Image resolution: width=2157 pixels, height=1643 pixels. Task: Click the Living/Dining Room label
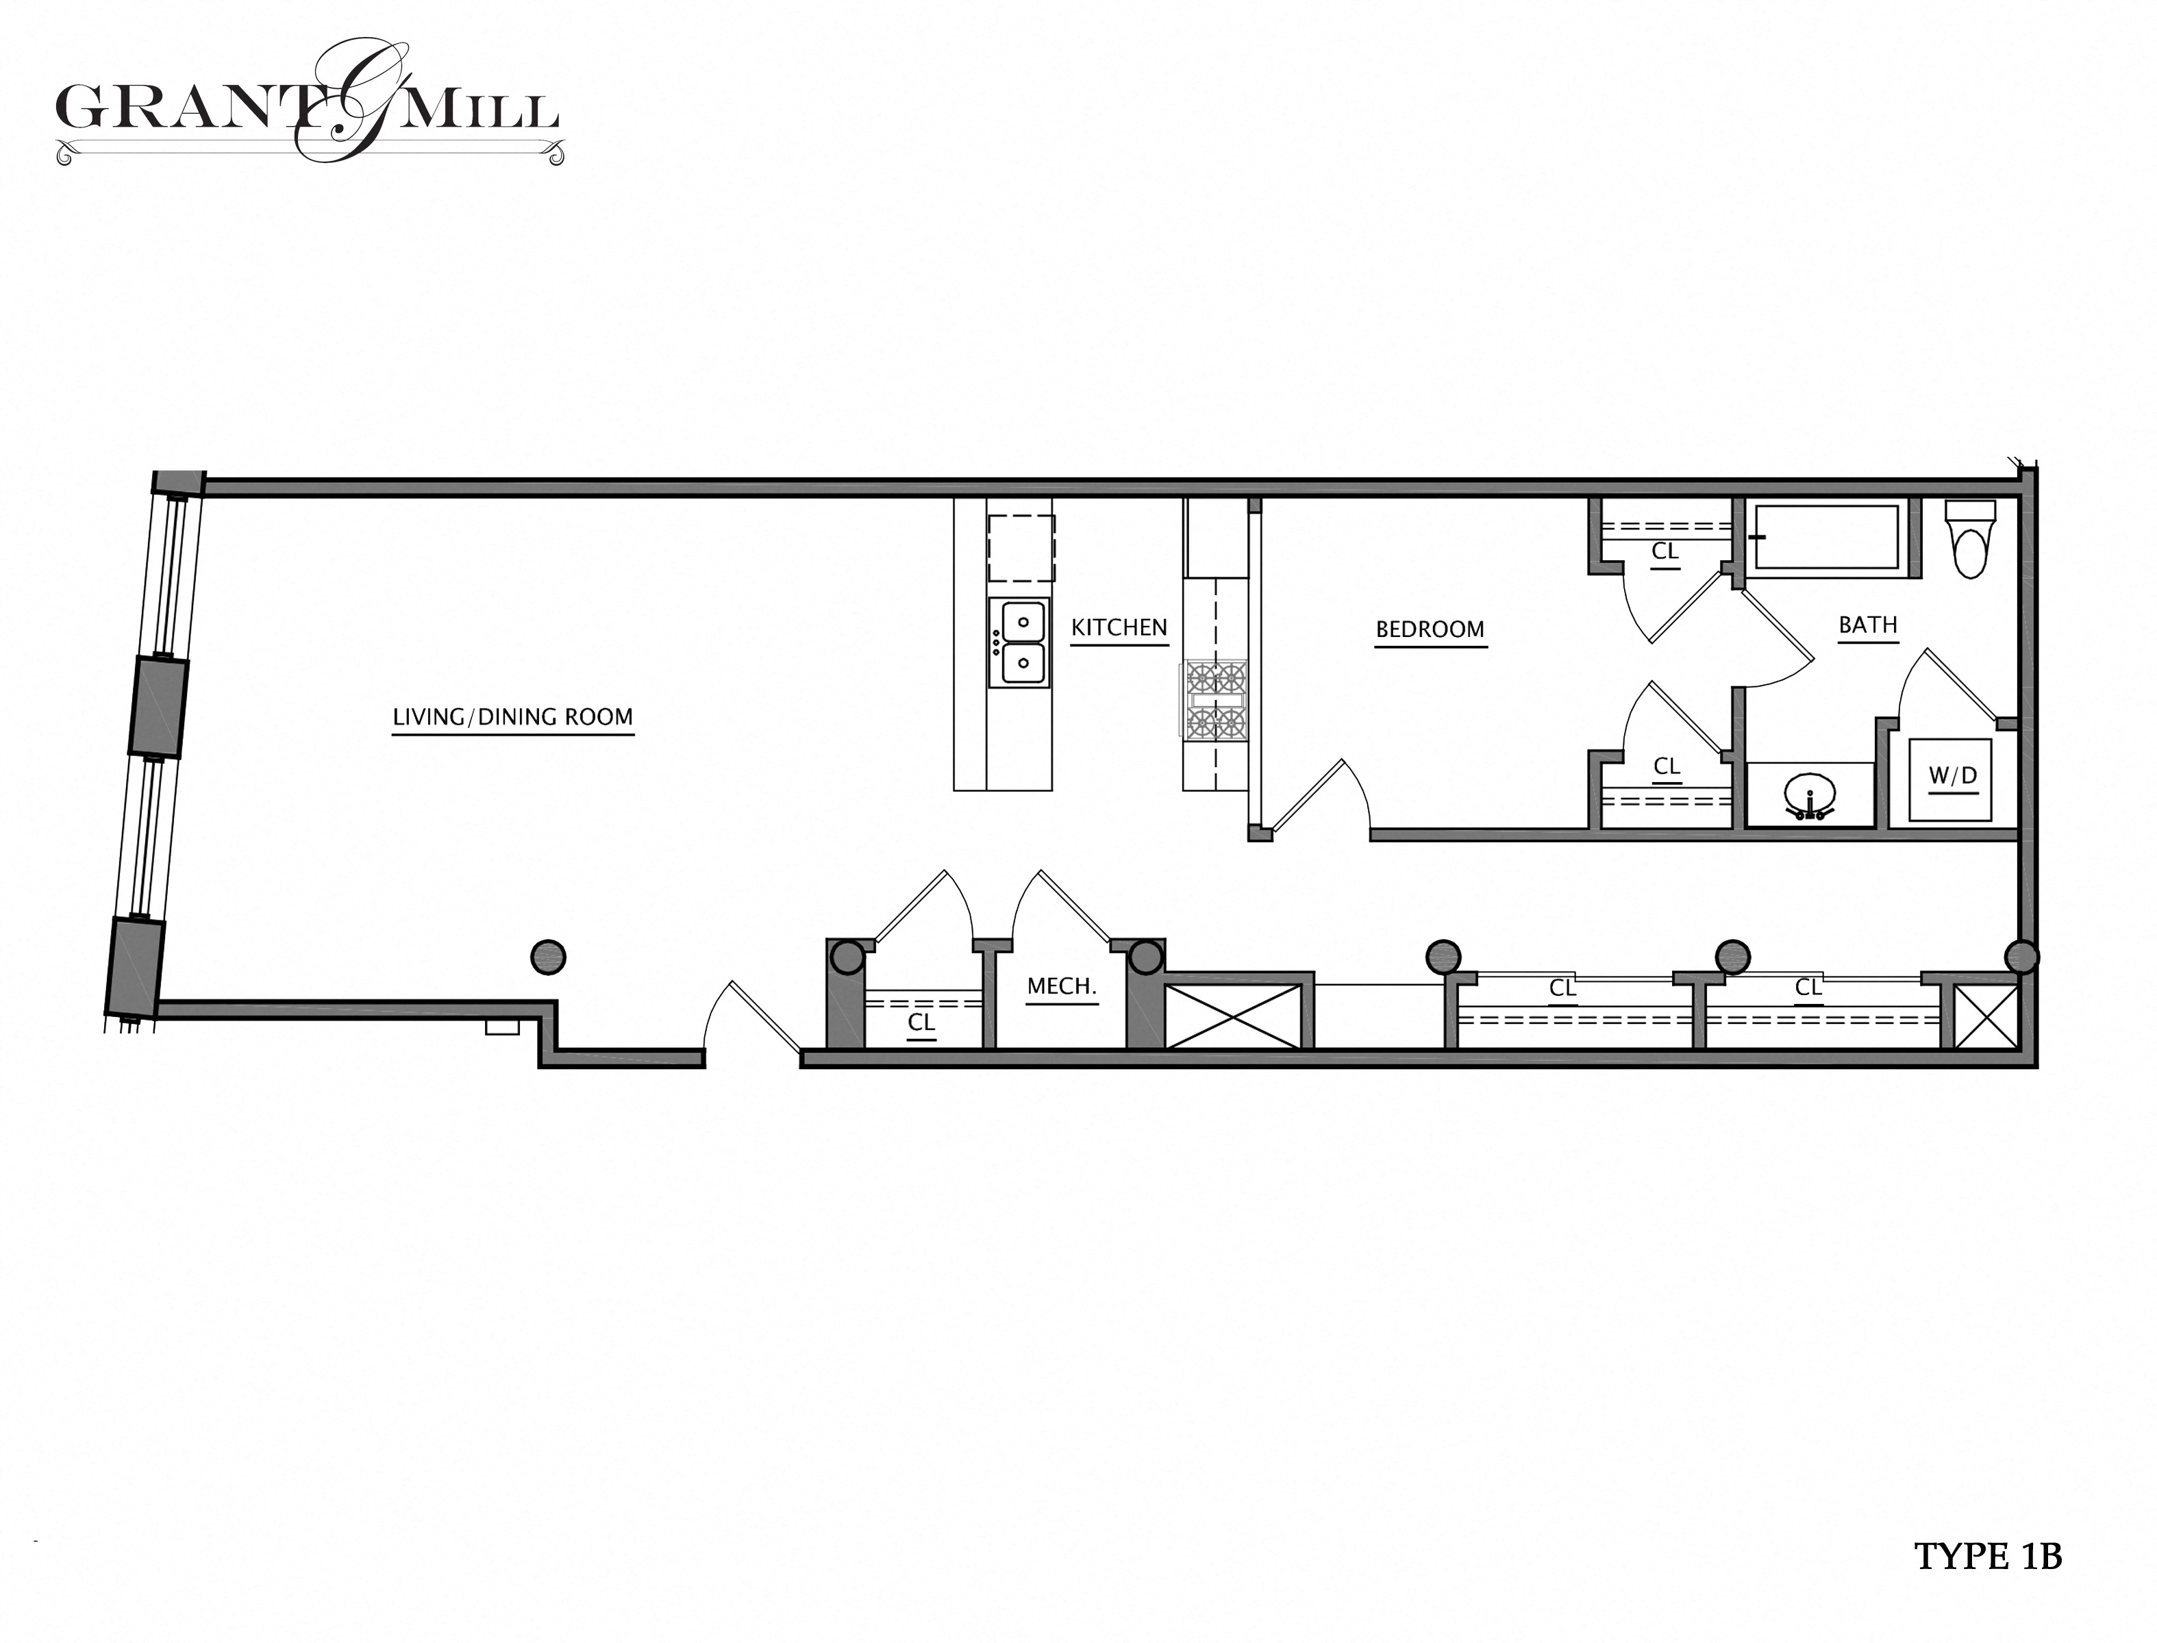coord(512,717)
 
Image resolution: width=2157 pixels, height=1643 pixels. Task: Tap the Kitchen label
coord(1118,628)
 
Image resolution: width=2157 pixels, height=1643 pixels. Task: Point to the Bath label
coord(1867,625)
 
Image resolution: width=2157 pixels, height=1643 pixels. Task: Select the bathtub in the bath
coord(1825,537)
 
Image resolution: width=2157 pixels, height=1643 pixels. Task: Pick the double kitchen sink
coord(1019,642)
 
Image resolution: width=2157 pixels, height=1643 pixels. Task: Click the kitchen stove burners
coord(1216,700)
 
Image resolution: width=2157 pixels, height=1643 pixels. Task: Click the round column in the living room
coord(548,957)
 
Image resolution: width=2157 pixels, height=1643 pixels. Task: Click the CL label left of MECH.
coord(921,1023)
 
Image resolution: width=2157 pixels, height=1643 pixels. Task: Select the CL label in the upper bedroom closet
coord(1665,551)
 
